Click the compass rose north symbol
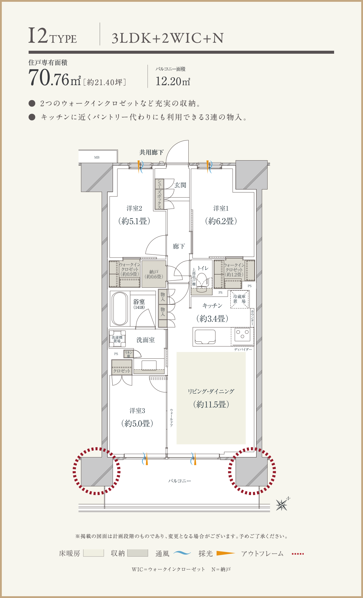pos(282,504)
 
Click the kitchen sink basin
pos(205,337)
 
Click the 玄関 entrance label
pos(180,185)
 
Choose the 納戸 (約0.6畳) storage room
pos(154,274)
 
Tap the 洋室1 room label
pos(221,208)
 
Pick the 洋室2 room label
pos(134,208)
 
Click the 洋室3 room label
pos(137,411)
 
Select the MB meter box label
pos(97,157)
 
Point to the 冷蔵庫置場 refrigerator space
pos(239,299)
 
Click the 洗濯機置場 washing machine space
pos(117,339)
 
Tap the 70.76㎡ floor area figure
pos(55,78)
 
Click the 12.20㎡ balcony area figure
pos(173,81)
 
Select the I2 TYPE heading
pos(52,36)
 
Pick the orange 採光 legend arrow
pos(226,553)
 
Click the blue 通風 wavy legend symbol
pos(182,553)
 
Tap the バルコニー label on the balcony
pos(180,481)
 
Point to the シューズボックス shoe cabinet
pos(159,194)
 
